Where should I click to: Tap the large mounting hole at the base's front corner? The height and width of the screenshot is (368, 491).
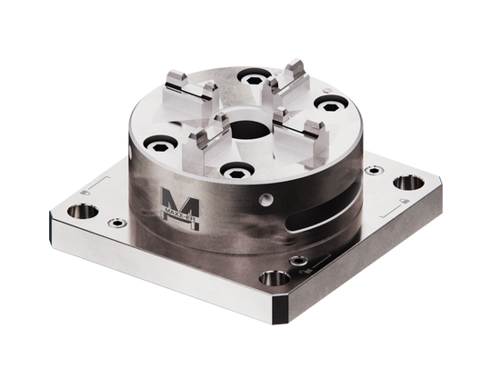tap(273, 282)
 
